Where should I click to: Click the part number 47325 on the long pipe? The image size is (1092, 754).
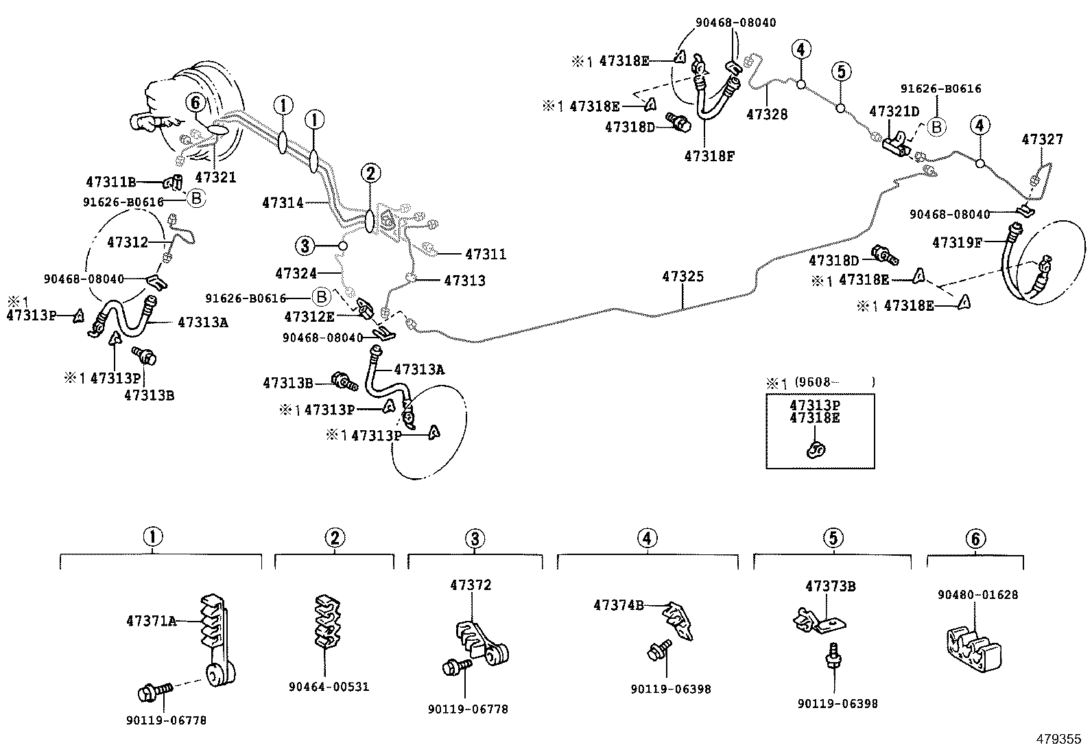(x=682, y=276)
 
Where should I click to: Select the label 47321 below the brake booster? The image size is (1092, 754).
(x=215, y=177)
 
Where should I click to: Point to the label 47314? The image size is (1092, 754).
(x=283, y=202)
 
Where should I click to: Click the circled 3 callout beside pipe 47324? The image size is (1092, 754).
(x=305, y=245)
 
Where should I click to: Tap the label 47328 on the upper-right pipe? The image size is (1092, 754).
(x=767, y=115)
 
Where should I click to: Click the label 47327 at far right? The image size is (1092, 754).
(x=1042, y=139)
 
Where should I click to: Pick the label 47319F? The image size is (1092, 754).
(x=957, y=242)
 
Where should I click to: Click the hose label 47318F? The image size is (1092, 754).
(x=709, y=156)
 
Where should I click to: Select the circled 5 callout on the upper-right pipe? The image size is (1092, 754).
(x=842, y=71)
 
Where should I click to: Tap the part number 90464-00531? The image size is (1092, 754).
(x=329, y=687)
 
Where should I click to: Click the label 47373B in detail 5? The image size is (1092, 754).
(x=830, y=587)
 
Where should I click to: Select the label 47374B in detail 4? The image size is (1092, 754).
(x=619, y=604)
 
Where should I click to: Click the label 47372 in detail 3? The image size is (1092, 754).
(x=471, y=585)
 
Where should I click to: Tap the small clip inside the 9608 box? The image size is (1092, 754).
(x=816, y=449)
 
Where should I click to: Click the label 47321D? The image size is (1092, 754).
(x=894, y=110)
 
